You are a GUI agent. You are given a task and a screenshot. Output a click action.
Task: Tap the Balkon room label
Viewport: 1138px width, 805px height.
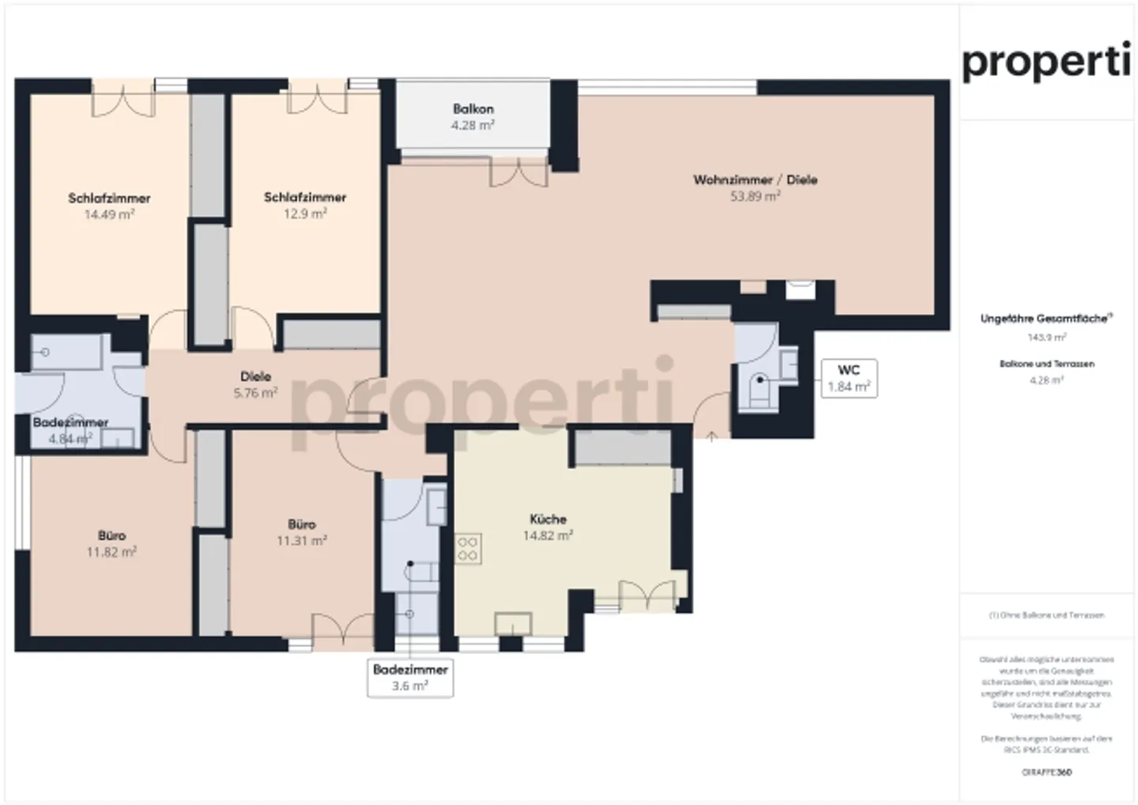coord(473,108)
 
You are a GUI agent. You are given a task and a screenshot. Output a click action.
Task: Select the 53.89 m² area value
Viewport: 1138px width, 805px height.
coord(755,196)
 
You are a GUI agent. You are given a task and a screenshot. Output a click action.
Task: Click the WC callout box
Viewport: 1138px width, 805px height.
coord(848,378)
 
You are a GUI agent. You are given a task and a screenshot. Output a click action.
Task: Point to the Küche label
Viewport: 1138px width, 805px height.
coord(548,519)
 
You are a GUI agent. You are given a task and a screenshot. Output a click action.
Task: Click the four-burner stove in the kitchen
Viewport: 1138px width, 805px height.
coord(467,549)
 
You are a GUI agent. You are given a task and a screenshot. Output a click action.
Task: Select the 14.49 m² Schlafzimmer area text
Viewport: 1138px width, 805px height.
coord(109,214)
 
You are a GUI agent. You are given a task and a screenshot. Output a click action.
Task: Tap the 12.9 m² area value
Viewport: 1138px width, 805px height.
coord(305,214)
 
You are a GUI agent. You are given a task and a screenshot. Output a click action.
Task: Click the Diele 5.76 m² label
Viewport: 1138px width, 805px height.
coord(255,384)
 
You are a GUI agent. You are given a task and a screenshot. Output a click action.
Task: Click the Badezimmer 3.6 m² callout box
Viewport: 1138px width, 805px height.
coord(409,678)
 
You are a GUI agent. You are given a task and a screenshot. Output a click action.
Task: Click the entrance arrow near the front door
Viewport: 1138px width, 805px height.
coord(711,436)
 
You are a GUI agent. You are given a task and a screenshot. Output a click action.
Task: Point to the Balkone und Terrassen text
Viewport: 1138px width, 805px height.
coord(1046,364)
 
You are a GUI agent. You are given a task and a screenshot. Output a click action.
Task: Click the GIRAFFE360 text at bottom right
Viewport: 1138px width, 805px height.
coord(1046,772)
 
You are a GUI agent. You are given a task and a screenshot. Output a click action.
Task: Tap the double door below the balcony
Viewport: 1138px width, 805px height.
coord(519,172)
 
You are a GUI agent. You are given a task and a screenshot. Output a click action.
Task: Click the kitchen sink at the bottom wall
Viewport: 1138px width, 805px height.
coord(512,624)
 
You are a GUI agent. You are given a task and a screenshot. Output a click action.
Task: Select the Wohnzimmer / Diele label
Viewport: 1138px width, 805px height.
coord(755,180)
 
